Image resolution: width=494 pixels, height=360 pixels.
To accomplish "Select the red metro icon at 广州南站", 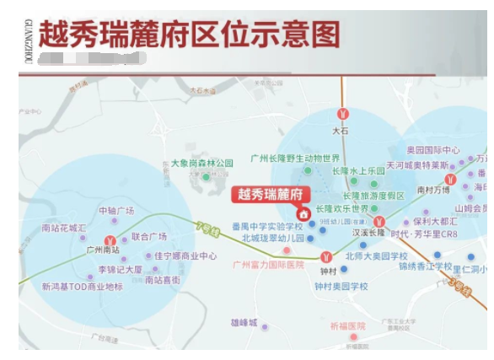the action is (109, 240).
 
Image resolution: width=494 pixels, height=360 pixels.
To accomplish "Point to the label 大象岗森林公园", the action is (201, 163).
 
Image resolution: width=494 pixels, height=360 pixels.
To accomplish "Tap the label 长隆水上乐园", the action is (358, 170).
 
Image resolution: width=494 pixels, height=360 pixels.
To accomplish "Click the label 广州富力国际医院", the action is (268, 264).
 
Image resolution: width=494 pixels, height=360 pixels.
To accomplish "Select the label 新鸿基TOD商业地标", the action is (82, 287).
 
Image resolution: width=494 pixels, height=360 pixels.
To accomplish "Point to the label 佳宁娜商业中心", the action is (185, 255).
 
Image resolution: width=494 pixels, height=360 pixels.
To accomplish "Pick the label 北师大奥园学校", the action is (376, 256).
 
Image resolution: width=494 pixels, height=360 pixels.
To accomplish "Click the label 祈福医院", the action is (347, 326).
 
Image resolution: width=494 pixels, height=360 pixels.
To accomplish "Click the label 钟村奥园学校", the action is (341, 287).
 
